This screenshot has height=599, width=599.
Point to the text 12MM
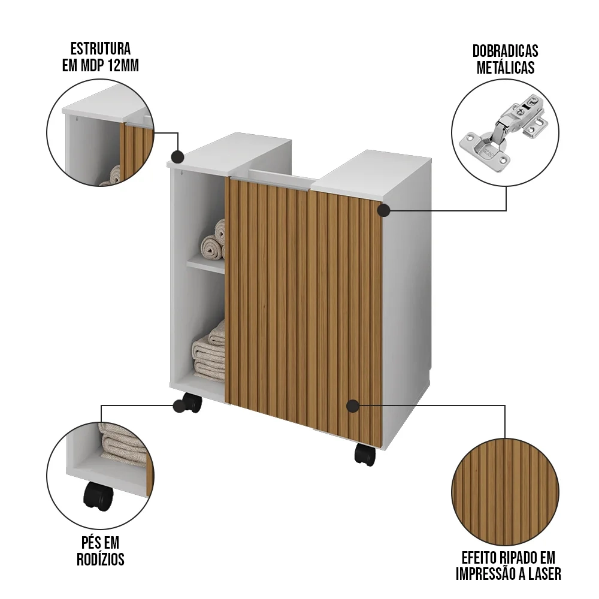pyautogui.click(x=123, y=66)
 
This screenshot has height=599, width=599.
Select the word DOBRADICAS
pyautogui.click(x=505, y=51)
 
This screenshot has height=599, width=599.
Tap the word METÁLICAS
pyautogui.click(x=505, y=67)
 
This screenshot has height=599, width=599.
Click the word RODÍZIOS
pyautogui.click(x=100, y=559)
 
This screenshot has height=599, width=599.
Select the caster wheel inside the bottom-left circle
pyautogui.click(x=98, y=495)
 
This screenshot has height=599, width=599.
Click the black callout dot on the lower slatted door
pyautogui.click(x=353, y=406)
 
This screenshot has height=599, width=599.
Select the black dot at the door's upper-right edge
pyautogui.click(x=383, y=210)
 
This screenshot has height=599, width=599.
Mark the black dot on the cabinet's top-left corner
pyautogui.click(x=177, y=157)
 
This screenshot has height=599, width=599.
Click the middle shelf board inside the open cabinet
pyautogui.click(x=205, y=266)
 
